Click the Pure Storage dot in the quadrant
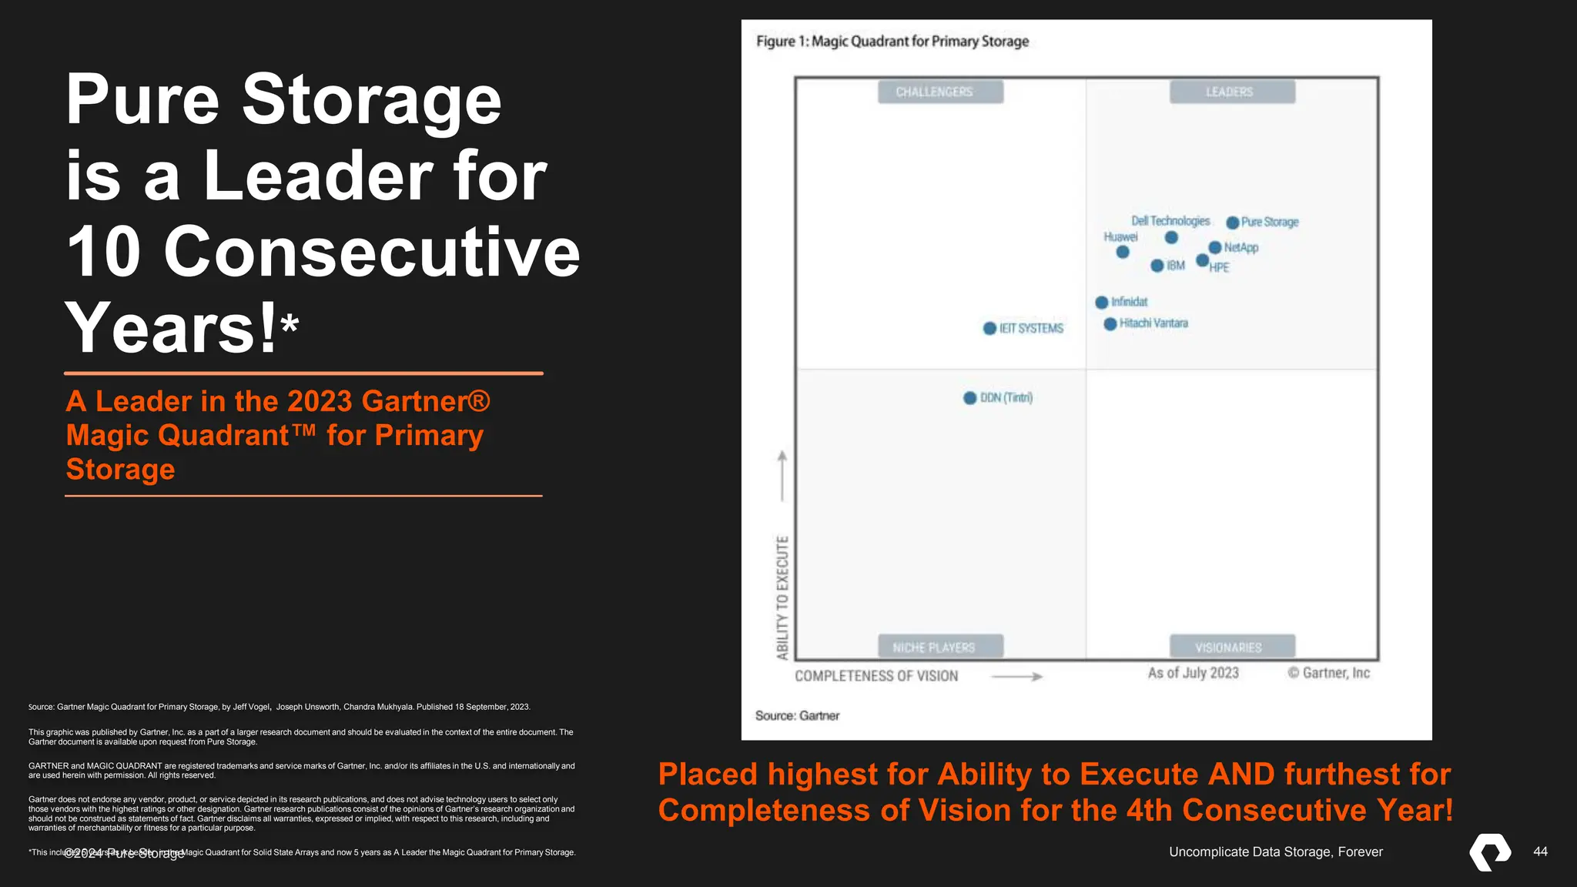pos(1233,223)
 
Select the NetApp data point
pos(1215,247)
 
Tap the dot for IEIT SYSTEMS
pos(990,329)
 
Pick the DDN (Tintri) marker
pos(970,398)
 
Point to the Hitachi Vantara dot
pos(1110,324)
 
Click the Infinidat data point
pos(1102,303)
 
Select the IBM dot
pos(1157,266)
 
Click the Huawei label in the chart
pos(1120,237)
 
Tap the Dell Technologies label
pos(1170,221)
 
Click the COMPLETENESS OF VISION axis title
pos(876,676)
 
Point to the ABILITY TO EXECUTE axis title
pos(782,597)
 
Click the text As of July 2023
pos(1193,673)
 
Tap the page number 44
pos(1540,852)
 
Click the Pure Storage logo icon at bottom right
pos(1491,852)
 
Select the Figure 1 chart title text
pos(892,42)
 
